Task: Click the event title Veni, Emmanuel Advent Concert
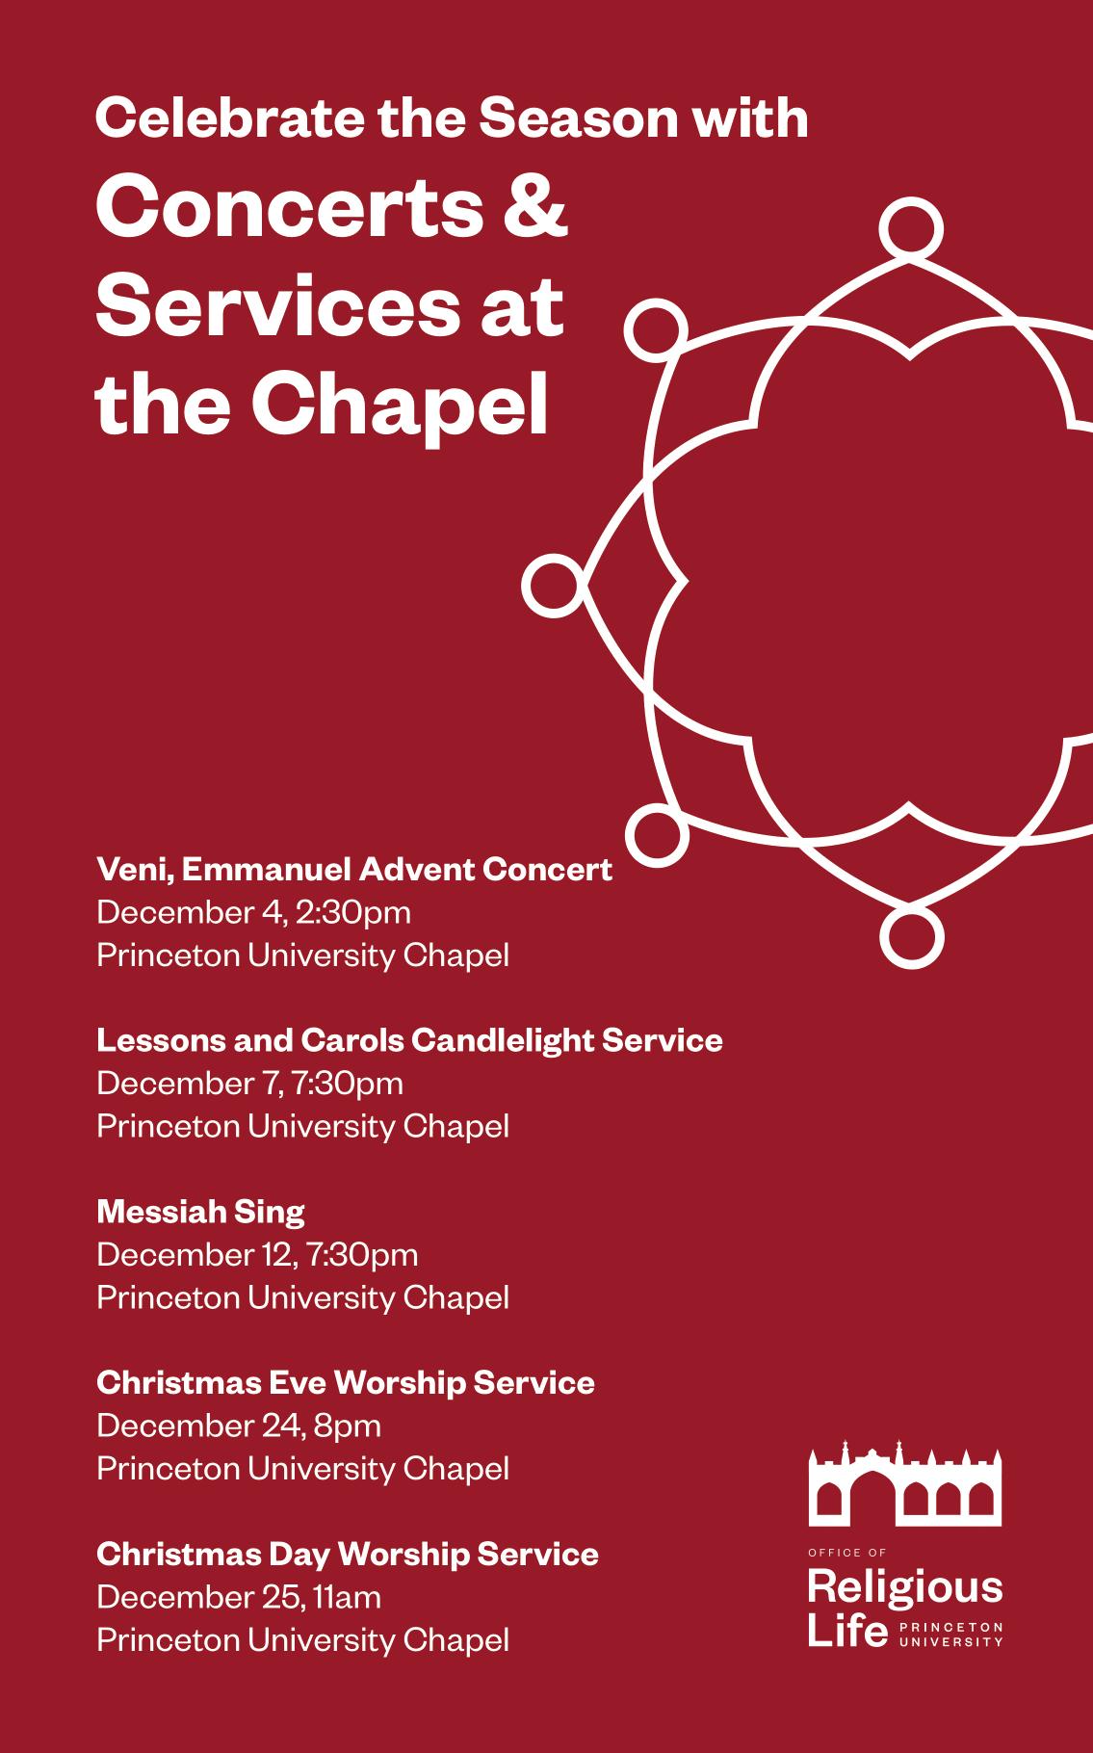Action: [x=354, y=870]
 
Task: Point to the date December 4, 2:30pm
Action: [x=253, y=912]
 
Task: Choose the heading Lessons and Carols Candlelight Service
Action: [x=409, y=1040]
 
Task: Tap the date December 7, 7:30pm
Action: [x=249, y=1084]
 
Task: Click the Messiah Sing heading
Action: [x=200, y=1212]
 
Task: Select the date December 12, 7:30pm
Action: [x=257, y=1255]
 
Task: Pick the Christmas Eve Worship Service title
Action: [x=346, y=1383]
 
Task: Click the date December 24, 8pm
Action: [x=239, y=1426]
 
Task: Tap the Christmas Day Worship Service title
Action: [x=348, y=1554]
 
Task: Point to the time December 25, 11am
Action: [x=239, y=1597]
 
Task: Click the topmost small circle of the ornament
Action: [x=910, y=229]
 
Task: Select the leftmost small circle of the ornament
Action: [x=554, y=585]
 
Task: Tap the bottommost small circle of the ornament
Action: [x=910, y=937]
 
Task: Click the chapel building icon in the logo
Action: [x=905, y=1484]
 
